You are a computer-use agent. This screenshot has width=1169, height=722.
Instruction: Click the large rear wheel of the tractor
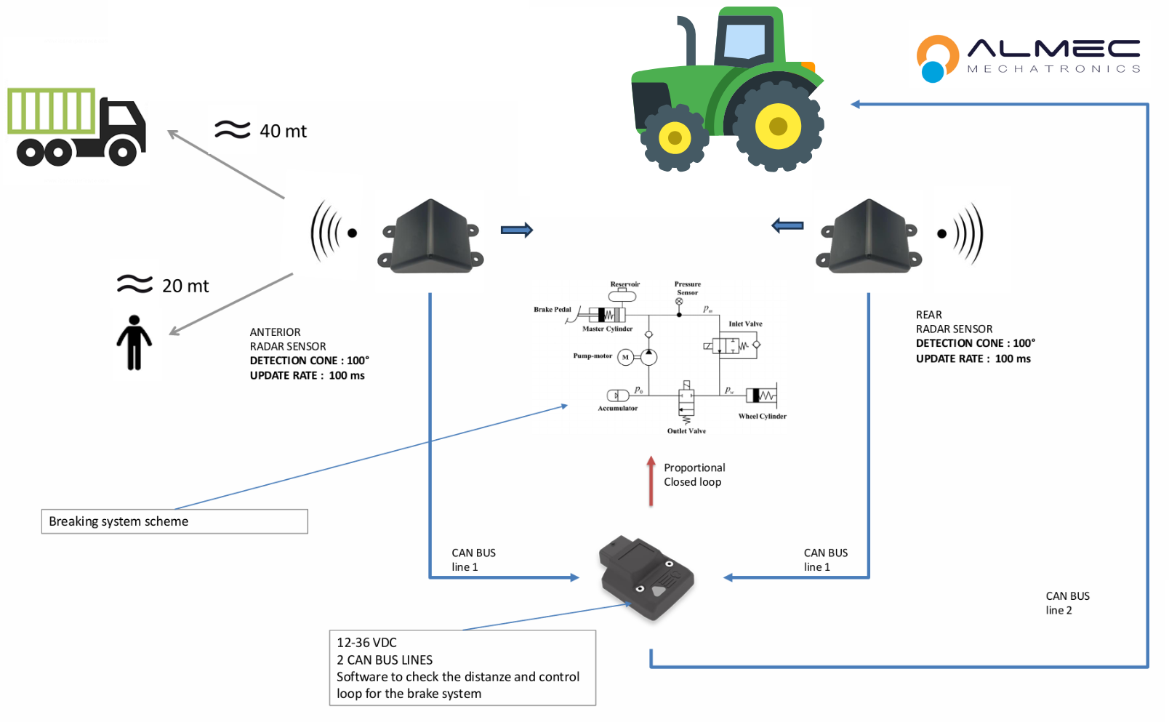point(778,126)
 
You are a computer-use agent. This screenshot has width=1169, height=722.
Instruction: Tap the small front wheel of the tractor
point(675,137)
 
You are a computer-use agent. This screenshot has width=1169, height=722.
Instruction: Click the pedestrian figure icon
point(134,342)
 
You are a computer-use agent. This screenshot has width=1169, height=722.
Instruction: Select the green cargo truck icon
point(76,127)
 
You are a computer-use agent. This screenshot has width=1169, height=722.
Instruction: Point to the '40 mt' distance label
point(283,131)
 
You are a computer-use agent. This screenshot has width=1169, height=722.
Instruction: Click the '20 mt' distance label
point(185,286)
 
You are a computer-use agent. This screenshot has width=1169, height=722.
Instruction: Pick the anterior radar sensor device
point(431,237)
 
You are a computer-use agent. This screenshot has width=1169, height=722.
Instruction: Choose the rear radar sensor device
point(869,237)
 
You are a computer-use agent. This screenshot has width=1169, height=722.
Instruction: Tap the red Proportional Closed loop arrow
point(651,481)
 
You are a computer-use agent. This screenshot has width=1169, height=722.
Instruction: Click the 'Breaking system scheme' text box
point(174,521)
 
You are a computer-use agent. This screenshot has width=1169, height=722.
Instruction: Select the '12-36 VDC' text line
point(367,643)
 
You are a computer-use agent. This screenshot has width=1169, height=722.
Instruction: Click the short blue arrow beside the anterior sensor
point(517,230)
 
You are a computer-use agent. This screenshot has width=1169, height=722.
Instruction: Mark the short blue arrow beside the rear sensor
point(787,225)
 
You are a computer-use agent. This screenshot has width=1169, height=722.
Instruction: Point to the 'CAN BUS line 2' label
point(1067,603)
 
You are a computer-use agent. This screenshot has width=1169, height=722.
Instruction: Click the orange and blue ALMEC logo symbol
point(937,58)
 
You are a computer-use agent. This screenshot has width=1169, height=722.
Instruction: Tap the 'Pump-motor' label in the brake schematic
point(592,356)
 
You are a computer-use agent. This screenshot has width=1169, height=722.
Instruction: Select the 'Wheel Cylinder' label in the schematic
point(762,417)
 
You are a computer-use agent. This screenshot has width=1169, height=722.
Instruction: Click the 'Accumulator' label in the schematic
point(617,409)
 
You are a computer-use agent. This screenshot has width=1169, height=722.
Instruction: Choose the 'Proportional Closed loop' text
point(694,475)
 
